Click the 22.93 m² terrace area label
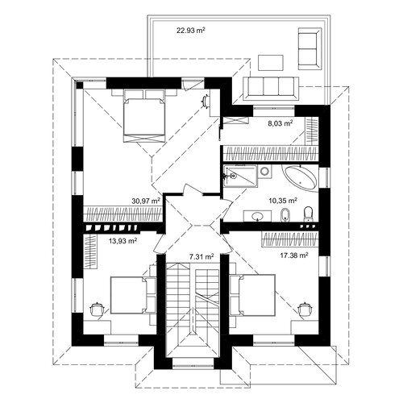point(191,30)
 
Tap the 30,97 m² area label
point(146,201)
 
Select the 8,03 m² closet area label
point(280,123)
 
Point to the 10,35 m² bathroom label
point(283,201)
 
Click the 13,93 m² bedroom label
point(123,241)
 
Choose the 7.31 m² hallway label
point(201,257)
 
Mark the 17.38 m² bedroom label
point(294,256)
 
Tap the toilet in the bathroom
point(308,214)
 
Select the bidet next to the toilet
point(284,215)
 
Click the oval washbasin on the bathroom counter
point(258,215)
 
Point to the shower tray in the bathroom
point(240,177)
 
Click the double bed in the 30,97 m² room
point(143,115)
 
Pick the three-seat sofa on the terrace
point(271,89)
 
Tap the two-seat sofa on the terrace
point(310,48)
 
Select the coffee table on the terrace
point(271,63)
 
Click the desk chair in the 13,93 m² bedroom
point(97,309)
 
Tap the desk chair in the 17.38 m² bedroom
point(305,309)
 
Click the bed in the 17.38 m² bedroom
point(252,294)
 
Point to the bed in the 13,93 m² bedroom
point(133,295)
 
